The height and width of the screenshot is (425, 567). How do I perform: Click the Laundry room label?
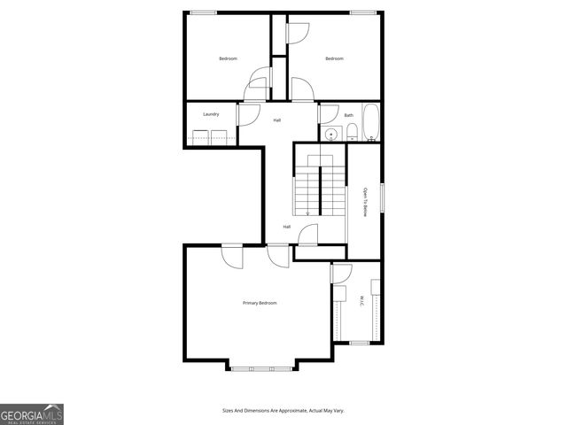tap(211, 114)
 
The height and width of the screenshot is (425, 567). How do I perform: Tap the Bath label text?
tap(349, 115)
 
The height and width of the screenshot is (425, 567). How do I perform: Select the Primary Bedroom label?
tap(260, 304)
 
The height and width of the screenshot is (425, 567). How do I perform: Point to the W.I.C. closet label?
tap(361, 302)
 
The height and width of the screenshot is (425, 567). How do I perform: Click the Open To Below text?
tap(364, 202)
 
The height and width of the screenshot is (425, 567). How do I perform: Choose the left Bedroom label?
tap(229, 59)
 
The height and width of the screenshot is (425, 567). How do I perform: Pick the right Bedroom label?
tap(334, 59)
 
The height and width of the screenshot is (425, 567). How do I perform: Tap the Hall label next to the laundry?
tap(276, 120)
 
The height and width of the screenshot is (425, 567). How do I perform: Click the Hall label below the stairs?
tap(287, 228)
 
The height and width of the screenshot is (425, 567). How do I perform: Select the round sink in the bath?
tap(331, 135)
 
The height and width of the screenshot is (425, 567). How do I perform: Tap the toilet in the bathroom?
tap(352, 134)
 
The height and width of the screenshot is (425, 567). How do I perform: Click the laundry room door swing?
tap(246, 112)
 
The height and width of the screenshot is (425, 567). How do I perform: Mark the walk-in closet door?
tap(342, 274)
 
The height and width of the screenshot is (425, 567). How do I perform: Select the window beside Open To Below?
tap(382, 197)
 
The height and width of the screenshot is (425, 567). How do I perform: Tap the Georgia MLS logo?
tap(32, 413)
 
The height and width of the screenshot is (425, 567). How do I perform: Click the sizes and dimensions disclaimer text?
tap(283, 411)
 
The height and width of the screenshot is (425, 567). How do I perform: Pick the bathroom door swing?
tap(329, 112)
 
